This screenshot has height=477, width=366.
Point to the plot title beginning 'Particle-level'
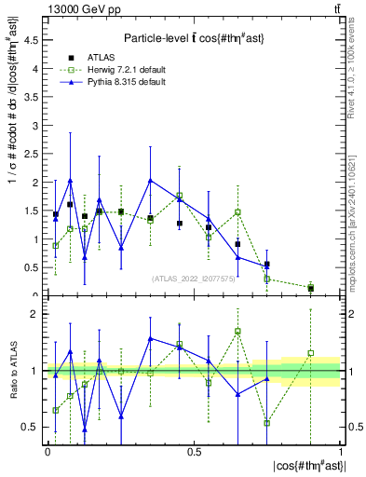(193, 34)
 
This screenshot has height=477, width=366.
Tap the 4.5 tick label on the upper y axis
(33, 40)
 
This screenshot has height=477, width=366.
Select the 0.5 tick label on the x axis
(194, 451)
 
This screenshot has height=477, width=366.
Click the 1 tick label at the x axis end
(340, 451)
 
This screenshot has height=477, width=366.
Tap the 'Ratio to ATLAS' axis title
(13, 371)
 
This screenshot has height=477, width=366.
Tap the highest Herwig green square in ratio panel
(237, 331)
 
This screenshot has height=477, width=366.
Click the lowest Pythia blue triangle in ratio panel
(85, 429)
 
